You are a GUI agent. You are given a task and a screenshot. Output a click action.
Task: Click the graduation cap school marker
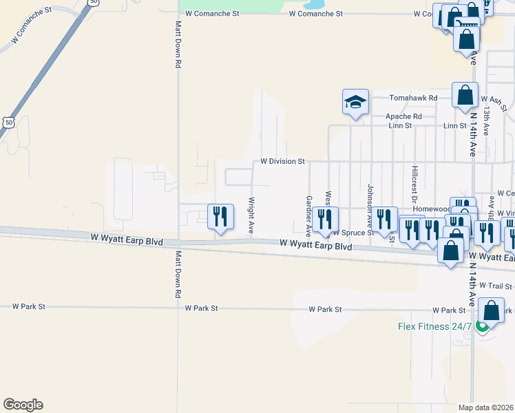(x=355, y=103)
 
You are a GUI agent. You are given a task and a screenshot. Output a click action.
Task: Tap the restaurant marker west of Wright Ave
(x=220, y=218)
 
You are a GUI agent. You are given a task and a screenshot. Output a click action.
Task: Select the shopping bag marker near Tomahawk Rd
(x=465, y=95)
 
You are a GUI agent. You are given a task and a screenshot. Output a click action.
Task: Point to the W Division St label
(x=282, y=161)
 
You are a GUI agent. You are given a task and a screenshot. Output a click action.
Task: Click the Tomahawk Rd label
(x=413, y=98)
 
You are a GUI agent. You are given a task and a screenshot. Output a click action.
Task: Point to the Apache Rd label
(x=404, y=116)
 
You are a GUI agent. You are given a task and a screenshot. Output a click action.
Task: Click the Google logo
(x=23, y=405)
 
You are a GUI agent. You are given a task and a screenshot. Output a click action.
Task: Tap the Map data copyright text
(x=486, y=407)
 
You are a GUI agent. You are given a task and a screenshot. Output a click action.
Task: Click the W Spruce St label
(x=353, y=233)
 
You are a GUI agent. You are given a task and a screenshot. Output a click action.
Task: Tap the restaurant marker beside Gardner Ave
(x=325, y=220)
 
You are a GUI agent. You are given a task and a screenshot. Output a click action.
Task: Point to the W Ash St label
(x=494, y=103)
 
